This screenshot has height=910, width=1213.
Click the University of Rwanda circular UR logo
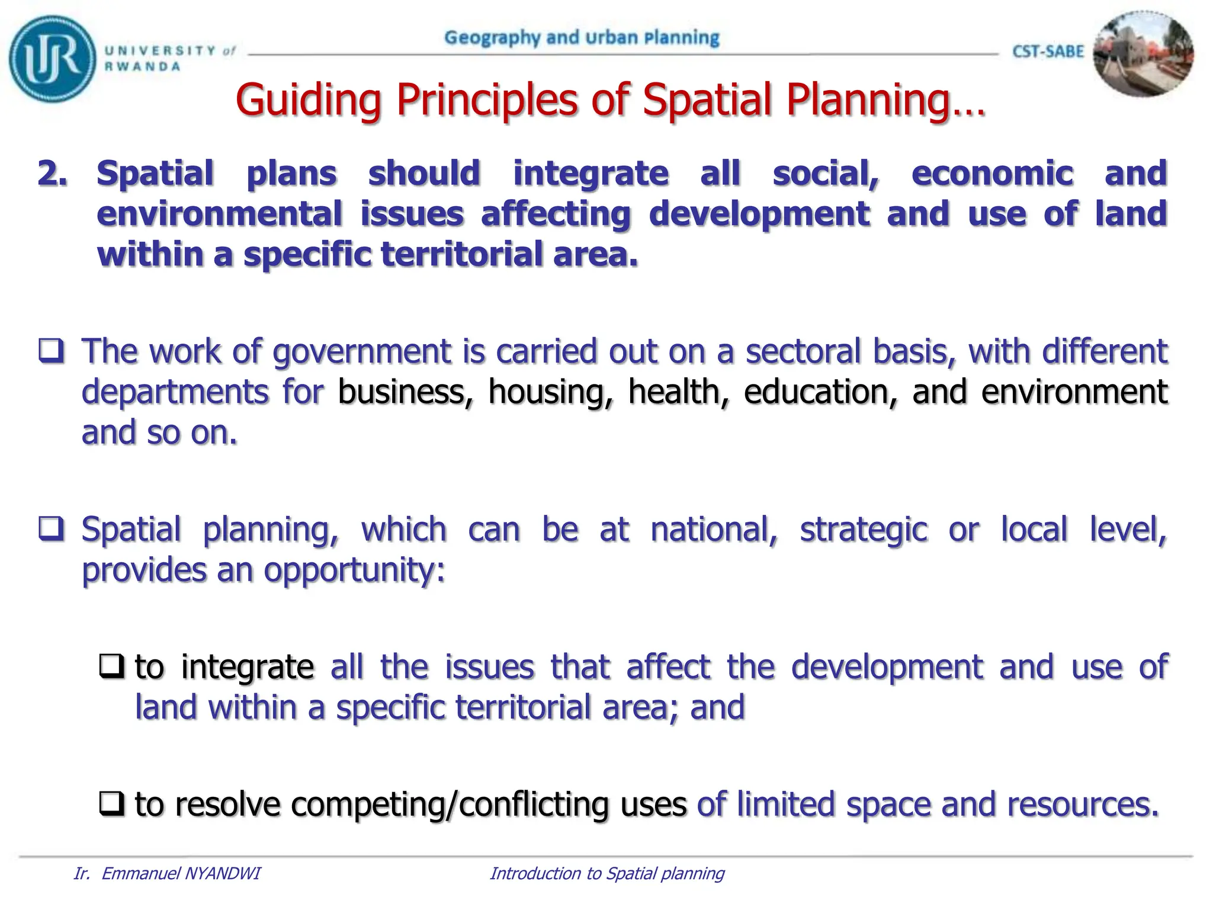click(x=52, y=59)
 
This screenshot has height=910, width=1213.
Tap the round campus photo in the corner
click(x=1143, y=55)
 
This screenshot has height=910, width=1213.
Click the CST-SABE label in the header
click(x=1048, y=52)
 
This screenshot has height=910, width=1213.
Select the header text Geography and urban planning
click(x=582, y=38)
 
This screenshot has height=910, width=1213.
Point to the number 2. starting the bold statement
click(x=53, y=174)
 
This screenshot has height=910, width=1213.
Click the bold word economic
click(x=992, y=174)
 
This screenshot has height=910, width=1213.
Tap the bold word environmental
click(x=219, y=214)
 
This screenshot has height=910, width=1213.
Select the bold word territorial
click(x=458, y=254)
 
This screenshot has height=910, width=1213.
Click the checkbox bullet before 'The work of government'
click(x=52, y=350)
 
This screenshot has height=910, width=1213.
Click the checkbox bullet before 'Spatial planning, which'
click(x=52, y=528)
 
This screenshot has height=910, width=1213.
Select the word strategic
click(x=864, y=529)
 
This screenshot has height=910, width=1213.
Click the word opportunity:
click(x=354, y=570)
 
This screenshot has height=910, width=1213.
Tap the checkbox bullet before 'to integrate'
click(x=111, y=667)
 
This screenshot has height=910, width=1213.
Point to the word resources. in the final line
click(x=1083, y=805)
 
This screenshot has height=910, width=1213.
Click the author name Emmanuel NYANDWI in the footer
click(x=181, y=874)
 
